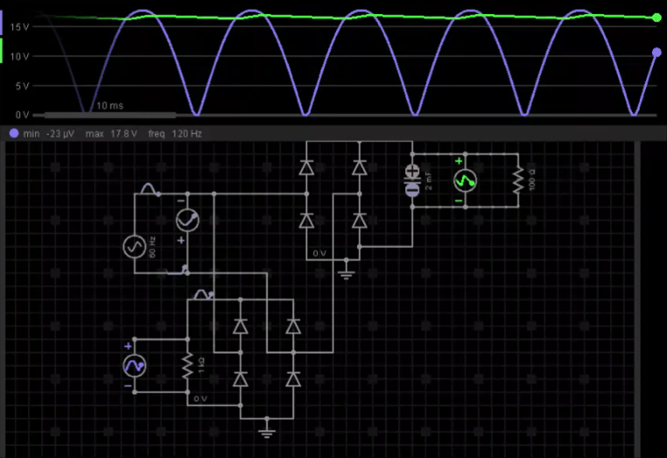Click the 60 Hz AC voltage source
(133, 246)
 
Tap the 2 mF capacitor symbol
(412, 180)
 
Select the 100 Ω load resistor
(517, 180)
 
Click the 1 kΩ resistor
(187, 365)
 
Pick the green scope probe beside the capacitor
(465, 180)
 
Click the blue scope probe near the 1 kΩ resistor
(134, 365)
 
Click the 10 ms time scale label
(110, 105)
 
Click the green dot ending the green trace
(657, 17)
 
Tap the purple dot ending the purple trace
(657, 53)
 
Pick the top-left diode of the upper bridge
(306, 166)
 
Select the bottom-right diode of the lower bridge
(293, 379)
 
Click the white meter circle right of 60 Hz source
(187, 221)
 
